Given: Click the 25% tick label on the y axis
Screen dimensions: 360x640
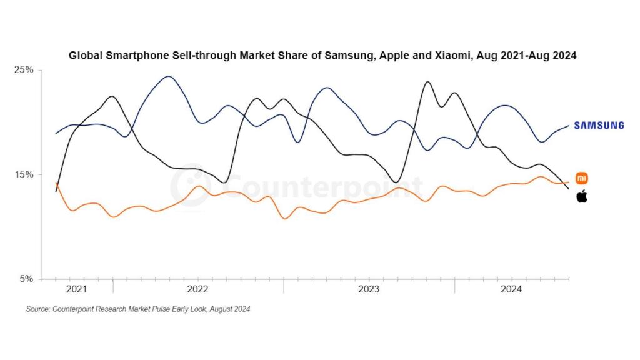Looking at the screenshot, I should [x=24, y=69].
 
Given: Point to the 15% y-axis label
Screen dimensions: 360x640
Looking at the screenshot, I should [x=24, y=174].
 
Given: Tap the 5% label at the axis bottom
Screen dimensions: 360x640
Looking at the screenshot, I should [x=26, y=279].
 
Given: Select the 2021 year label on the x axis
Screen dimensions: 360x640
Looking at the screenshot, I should [x=76, y=289].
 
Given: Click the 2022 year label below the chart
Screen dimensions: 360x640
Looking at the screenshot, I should [x=197, y=289].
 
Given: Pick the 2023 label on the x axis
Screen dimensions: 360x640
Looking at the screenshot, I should [x=369, y=289].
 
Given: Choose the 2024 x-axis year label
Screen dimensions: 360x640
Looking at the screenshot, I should [x=511, y=289].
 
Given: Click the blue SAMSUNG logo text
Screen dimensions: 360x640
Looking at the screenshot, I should [x=599, y=126].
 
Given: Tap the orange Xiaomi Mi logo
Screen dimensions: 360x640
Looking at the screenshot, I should [x=581, y=178].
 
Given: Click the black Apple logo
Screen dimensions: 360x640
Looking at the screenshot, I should [x=581, y=197].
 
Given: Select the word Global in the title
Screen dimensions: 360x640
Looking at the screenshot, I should [x=83, y=55].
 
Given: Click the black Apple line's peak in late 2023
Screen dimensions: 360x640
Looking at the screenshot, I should [x=427, y=81].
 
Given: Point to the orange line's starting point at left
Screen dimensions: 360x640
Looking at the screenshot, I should [x=56, y=182].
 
